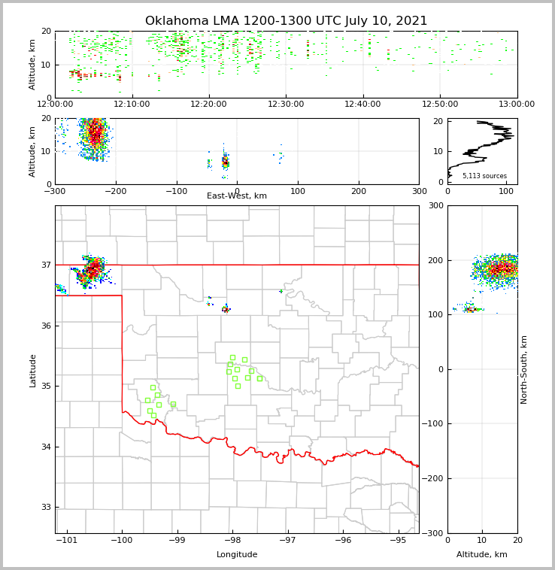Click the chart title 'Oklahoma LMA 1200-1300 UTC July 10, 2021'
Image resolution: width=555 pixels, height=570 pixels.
286,21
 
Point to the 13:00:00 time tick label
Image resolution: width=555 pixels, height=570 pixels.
517,104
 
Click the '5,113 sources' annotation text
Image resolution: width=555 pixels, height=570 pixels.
484,176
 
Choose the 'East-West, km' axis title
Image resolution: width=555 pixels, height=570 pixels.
237,196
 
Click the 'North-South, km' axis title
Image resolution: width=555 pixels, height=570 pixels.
524,369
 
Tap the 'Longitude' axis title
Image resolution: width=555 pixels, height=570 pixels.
237,555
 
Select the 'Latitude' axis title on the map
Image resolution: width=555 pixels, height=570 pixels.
32,370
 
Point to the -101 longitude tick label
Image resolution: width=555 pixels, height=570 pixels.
67,540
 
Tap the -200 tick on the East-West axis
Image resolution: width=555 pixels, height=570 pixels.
115,191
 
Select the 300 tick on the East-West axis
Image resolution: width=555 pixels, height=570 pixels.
419,191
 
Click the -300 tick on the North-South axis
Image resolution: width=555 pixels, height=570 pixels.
435,533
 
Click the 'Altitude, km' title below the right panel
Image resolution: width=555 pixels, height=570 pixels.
482,555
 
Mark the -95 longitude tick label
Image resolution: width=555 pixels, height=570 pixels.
398,540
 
